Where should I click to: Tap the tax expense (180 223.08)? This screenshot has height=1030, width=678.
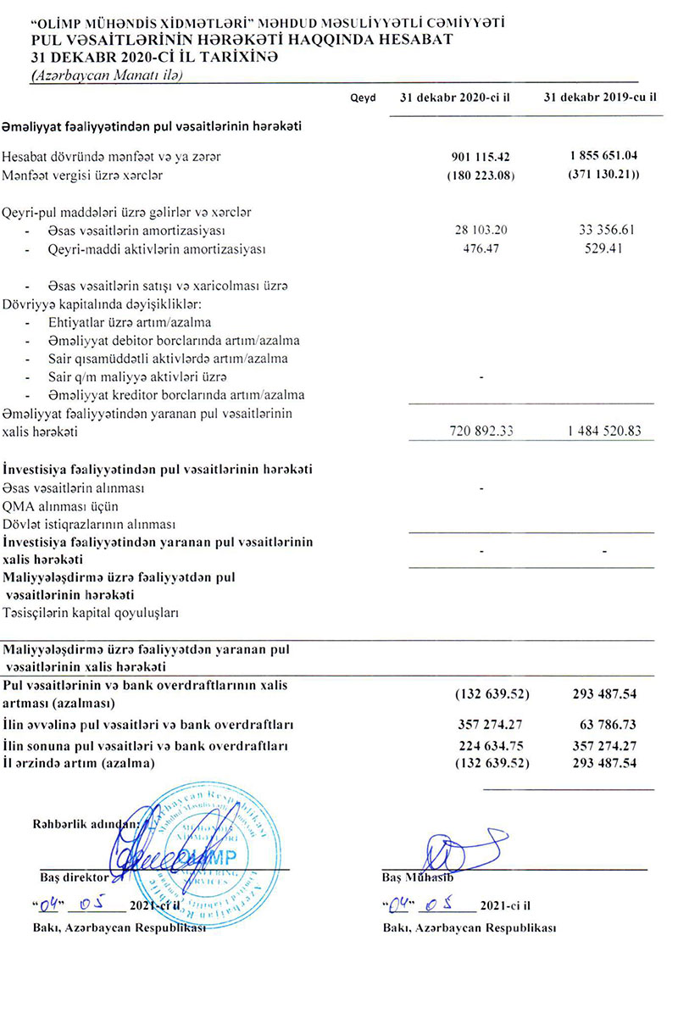tap(481, 176)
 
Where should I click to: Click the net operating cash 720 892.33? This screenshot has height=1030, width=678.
tap(481, 432)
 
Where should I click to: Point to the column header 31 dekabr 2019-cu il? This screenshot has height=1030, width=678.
tap(598, 97)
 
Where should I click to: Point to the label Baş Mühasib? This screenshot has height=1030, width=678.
tap(415, 878)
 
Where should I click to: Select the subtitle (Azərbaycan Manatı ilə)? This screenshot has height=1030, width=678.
tap(107, 75)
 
